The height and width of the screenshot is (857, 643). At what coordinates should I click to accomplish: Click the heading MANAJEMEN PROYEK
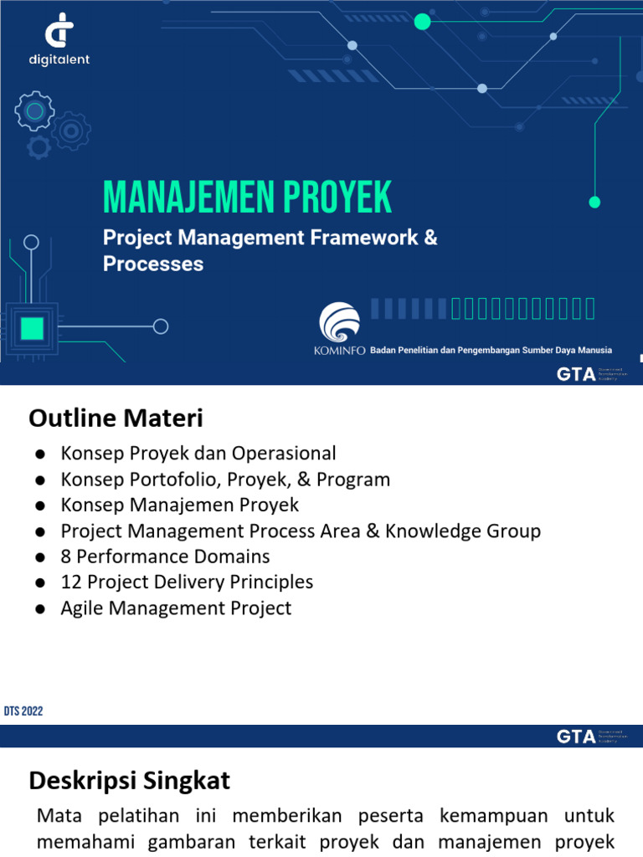click(247, 198)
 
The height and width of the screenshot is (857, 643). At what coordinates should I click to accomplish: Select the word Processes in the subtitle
click(153, 264)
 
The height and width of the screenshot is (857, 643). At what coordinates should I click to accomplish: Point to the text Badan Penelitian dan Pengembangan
click(444, 350)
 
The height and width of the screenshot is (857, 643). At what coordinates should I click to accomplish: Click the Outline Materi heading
click(116, 418)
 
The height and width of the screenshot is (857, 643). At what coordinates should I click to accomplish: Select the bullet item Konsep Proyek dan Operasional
click(198, 454)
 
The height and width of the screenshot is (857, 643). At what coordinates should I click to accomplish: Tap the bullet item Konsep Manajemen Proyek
click(179, 505)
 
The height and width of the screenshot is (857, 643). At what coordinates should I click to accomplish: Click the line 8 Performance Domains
click(165, 557)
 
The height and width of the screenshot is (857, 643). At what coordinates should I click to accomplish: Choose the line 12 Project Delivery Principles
click(187, 582)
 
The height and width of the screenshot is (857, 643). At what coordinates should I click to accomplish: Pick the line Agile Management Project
click(176, 608)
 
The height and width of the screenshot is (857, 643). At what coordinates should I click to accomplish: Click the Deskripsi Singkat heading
click(129, 782)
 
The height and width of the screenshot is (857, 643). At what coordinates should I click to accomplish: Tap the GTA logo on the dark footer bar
click(576, 736)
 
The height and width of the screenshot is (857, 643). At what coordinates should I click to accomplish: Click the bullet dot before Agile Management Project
click(39, 608)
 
